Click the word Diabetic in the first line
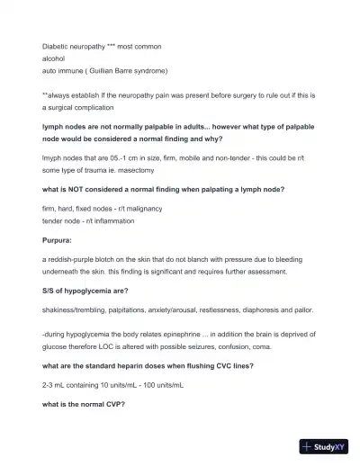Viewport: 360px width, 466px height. pos(56,45)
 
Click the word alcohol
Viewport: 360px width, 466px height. pos(54,58)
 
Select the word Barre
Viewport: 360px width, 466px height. pos(153,70)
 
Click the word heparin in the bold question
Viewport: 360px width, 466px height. pos(121,365)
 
